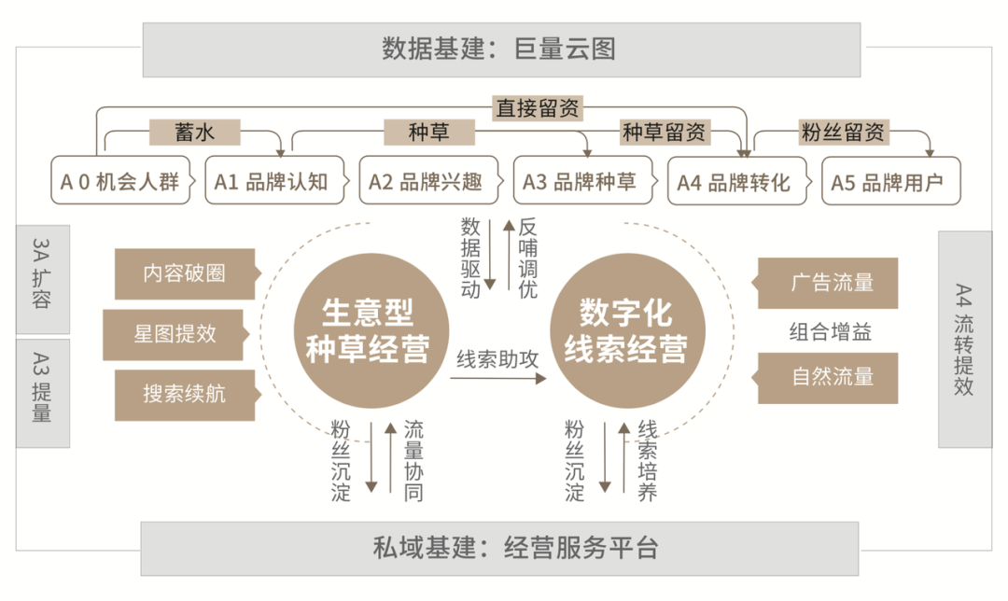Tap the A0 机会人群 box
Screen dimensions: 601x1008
tap(120, 181)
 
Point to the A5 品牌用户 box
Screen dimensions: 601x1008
tap(888, 181)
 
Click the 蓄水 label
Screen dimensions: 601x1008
tap(195, 133)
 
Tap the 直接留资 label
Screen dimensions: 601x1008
tap(539, 107)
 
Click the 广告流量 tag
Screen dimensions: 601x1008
tap(828, 283)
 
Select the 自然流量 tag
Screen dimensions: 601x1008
tap(828, 378)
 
